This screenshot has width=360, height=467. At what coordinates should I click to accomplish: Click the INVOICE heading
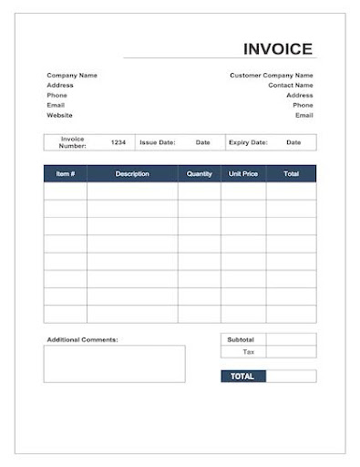278,49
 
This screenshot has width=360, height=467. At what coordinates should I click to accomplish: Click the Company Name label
72,75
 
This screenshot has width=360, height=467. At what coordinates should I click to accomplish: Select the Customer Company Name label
271,75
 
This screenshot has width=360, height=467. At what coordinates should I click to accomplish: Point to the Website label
60,115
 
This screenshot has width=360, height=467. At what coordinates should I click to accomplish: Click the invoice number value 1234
118,142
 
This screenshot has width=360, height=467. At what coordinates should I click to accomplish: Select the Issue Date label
157,142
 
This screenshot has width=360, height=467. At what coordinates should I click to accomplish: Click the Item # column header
66,173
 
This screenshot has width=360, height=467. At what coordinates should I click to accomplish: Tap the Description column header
132,173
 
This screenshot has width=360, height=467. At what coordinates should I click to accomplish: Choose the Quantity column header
199,173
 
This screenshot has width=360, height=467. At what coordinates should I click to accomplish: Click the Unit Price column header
243,173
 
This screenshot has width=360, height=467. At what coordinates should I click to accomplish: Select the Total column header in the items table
291,173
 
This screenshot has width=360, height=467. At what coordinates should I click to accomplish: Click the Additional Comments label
82,339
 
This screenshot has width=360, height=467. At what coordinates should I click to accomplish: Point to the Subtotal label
242,339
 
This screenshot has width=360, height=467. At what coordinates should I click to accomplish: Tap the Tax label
248,351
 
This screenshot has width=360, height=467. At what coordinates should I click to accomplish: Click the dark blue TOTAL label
242,376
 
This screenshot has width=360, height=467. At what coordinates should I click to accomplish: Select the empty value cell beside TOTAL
291,376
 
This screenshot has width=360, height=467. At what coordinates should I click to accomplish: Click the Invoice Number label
73,142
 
